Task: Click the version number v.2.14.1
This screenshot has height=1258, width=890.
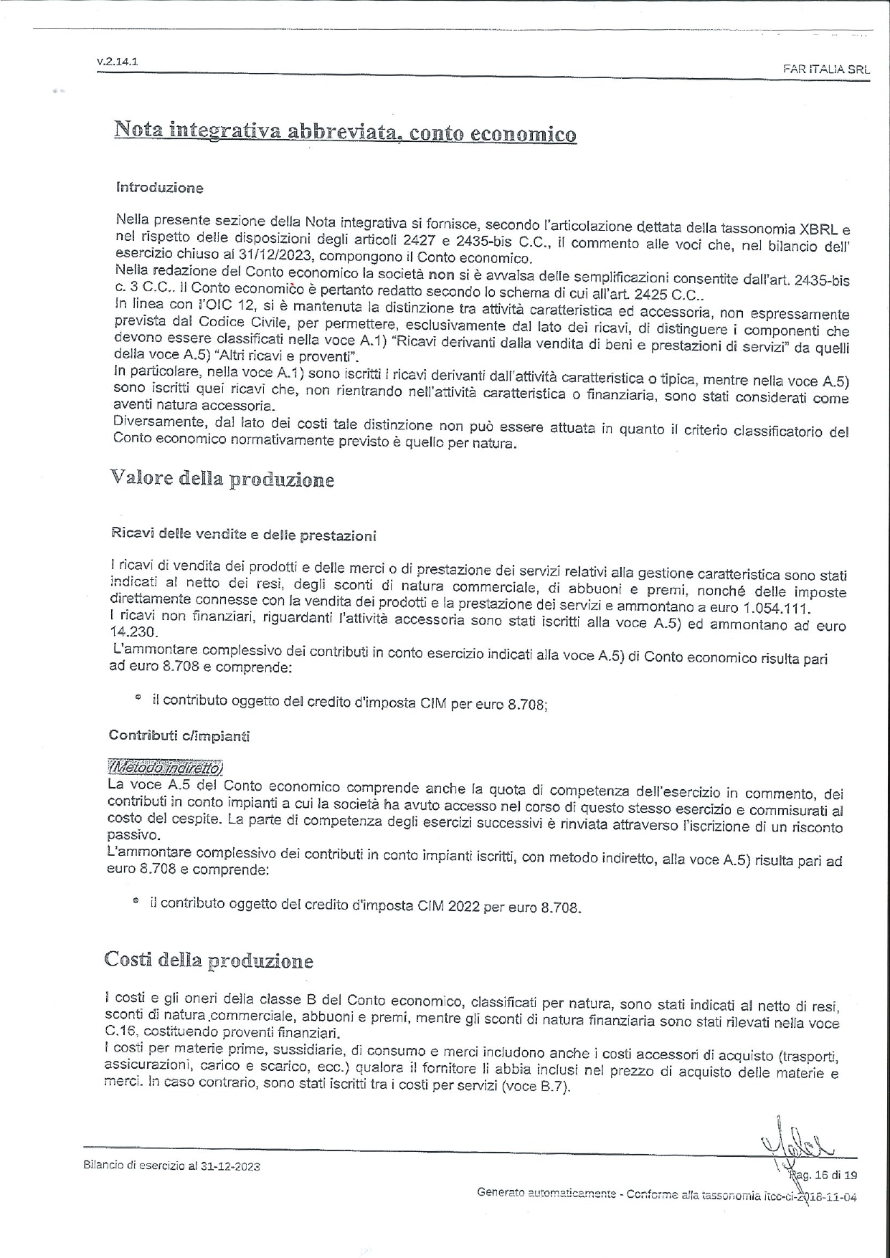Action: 117,62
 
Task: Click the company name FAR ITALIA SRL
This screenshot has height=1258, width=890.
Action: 826,70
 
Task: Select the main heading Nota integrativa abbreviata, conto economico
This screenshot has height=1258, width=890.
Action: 344,133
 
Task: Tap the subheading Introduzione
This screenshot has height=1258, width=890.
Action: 159,188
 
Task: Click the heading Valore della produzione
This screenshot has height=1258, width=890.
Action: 222,479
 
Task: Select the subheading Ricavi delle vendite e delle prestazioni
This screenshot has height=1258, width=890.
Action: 243,535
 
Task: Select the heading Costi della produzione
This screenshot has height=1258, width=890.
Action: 209,960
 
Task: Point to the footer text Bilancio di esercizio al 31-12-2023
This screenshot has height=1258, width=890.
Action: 171,1166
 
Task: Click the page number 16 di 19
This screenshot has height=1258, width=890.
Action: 832,1175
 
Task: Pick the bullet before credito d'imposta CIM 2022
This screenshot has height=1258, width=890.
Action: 136,903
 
